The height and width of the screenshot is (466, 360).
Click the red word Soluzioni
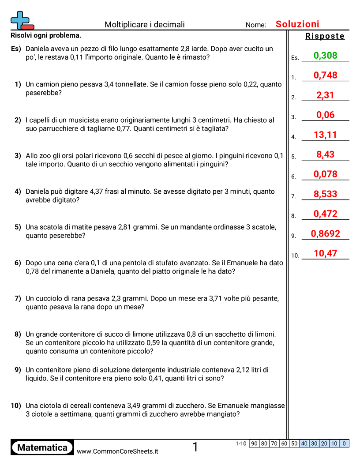297,24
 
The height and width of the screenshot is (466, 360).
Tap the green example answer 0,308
326,56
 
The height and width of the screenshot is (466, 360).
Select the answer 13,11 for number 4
326,135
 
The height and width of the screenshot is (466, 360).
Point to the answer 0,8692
326,234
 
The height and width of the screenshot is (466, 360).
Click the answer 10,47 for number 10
326,253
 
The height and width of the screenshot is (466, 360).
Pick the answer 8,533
326,194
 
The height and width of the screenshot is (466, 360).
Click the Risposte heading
325,36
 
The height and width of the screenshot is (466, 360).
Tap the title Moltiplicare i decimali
145,25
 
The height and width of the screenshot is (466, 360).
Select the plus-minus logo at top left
21,20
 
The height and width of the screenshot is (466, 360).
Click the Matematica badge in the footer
42,447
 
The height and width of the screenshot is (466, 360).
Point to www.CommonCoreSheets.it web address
117,451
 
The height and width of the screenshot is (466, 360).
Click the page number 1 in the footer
195,447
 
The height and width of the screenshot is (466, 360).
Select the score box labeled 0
345,443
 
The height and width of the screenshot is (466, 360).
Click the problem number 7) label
18,299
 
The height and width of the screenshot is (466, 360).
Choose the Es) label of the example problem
16,49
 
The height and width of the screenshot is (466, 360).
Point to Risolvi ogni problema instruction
46,35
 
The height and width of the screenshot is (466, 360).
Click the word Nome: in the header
256,25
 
